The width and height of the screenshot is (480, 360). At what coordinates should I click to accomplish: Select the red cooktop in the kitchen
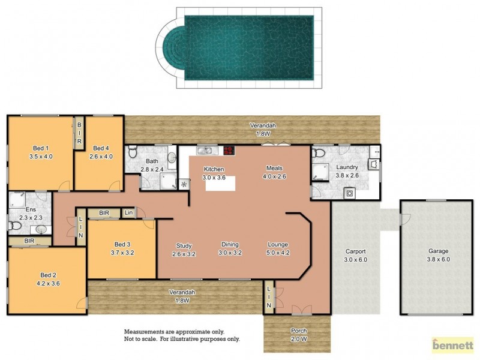[x=229, y=151]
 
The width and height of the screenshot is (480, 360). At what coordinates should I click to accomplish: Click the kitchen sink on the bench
[x=204, y=151]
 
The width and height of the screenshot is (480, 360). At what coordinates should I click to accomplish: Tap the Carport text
[x=356, y=251]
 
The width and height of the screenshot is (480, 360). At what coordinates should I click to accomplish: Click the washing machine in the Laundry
[x=349, y=193]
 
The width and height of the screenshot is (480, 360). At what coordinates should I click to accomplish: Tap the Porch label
[x=298, y=331]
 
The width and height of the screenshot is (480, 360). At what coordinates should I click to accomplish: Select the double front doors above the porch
[x=298, y=310]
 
